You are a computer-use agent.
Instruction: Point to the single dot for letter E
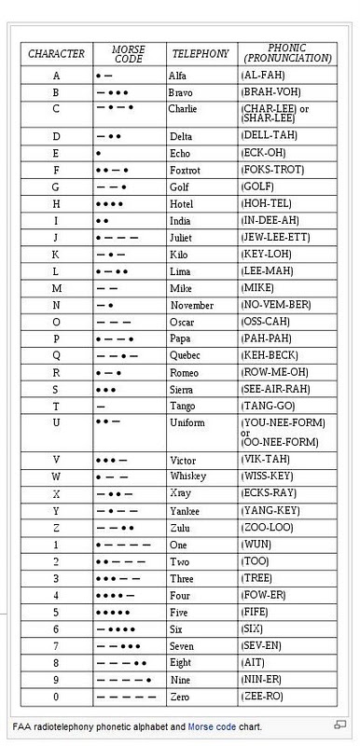point(99,153)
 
